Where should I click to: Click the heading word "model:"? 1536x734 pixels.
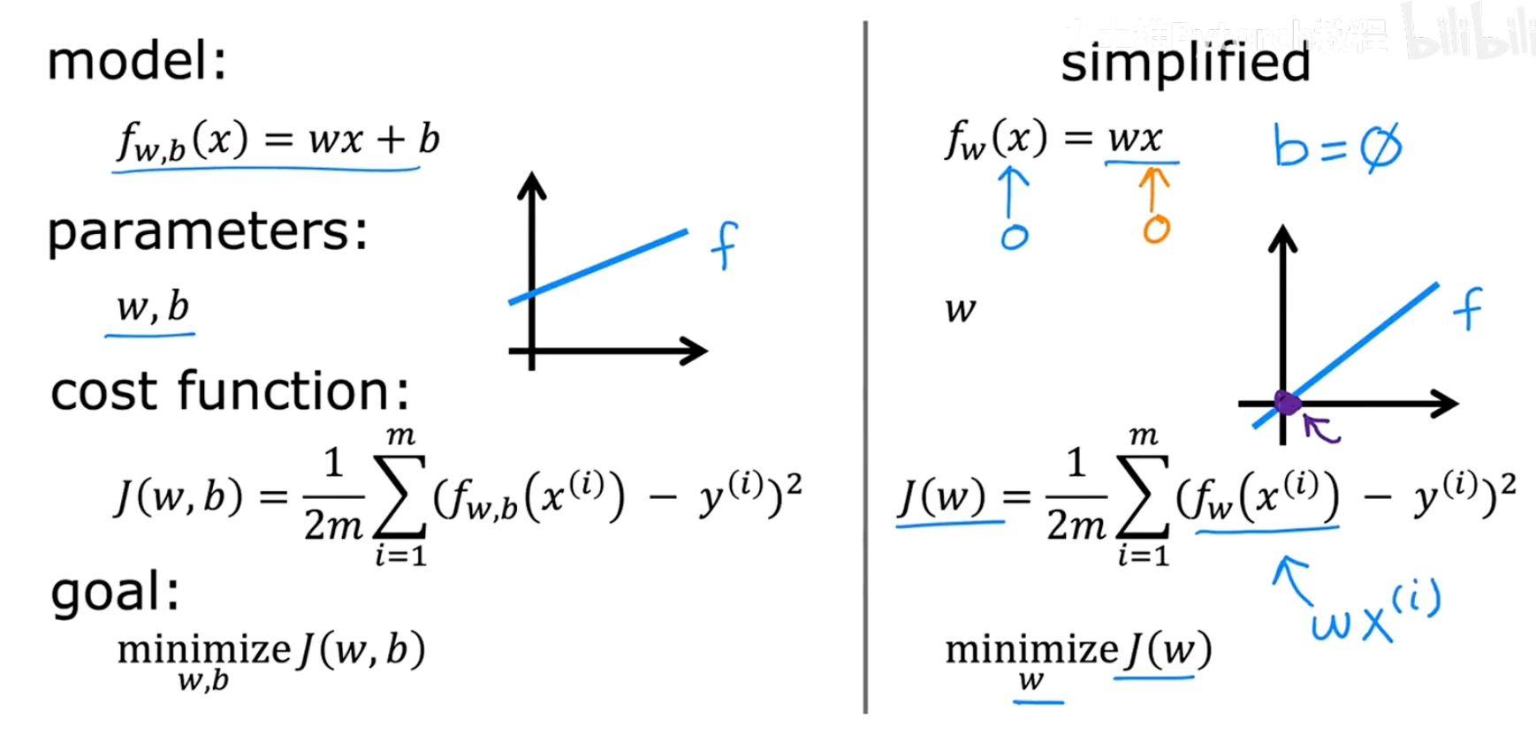[x=137, y=61]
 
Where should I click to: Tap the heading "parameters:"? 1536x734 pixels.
[x=207, y=232]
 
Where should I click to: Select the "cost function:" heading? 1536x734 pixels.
[x=230, y=391]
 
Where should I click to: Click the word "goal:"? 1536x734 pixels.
[x=115, y=591]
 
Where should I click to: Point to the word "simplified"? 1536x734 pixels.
[x=1184, y=63]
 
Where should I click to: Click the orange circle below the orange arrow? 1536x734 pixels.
[x=1156, y=230]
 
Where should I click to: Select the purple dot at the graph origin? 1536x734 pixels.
[x=1288, y=404]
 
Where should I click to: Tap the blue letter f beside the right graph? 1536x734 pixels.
[x=1467, y=308]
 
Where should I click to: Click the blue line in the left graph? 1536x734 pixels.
[x=598, y=267]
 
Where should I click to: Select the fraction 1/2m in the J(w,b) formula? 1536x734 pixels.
[x=333, y=496]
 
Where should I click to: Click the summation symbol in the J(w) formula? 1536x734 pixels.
[x=1143, y=496]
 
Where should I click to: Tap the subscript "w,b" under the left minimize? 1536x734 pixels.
[x=203, y=681]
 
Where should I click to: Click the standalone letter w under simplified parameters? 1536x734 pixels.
[x=960, y=309]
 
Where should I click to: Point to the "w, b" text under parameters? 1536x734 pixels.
[x=153, y=307]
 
